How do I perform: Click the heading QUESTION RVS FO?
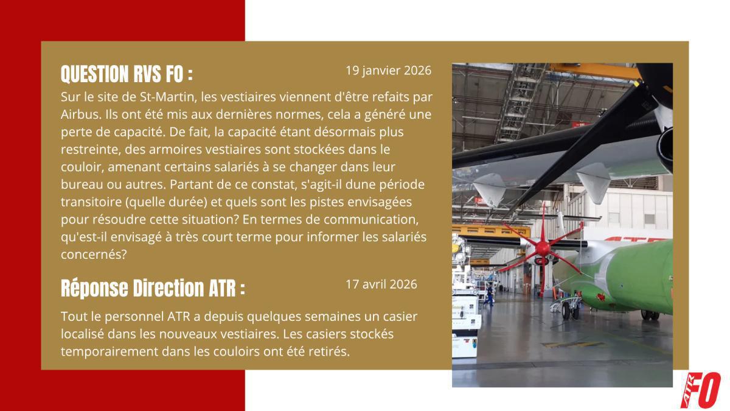[127, 74]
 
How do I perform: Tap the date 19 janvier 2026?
[388, 70]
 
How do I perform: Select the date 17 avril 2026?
[381, 284]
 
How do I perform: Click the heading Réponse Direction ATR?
[153, 288]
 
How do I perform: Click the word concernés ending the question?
[93, 255]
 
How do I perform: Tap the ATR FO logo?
[700, 389]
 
